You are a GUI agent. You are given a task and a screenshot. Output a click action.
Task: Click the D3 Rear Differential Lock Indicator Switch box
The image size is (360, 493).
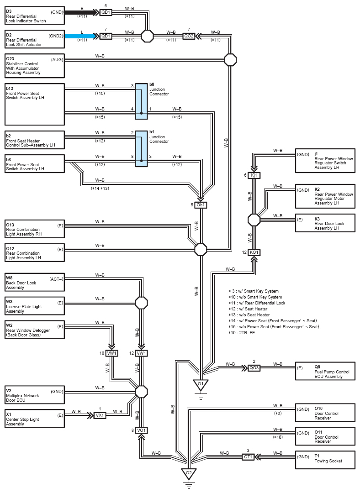[x=35, y=16]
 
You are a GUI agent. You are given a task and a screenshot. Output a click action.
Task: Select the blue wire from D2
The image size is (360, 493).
[x=80, y=36]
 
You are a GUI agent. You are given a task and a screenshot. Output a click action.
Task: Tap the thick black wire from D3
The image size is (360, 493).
[x=80, y=13]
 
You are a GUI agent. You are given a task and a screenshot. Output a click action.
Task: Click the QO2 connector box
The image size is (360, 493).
[x=189, y=36]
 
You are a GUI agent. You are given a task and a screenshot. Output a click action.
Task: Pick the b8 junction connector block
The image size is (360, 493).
[x=141, y=101]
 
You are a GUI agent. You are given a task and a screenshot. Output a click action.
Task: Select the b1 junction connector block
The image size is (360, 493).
[x=141, y=149]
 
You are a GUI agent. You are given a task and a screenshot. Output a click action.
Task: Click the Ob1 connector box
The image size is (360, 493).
[x=201, y=205]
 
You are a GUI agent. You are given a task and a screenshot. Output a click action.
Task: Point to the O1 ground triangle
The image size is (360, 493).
[x=201, y=384]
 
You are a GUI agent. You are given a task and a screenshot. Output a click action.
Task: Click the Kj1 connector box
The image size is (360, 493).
[x=254, y=175]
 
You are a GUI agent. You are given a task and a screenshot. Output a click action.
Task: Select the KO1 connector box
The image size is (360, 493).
[x=254, y=252]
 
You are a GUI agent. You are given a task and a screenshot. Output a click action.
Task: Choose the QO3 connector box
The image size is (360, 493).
[x=254, y=368]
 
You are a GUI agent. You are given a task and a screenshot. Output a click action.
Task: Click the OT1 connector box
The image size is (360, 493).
[x=248, y=457]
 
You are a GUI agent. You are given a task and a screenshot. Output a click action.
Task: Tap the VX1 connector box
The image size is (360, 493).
[x=100, y=415]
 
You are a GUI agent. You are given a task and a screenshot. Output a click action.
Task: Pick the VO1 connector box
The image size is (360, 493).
[x=141, y=430]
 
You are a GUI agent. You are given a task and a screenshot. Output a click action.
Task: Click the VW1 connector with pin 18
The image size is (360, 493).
[x=112, y=353]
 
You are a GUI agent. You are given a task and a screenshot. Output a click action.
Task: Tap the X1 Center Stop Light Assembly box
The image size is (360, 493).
[x=35, y=418]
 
